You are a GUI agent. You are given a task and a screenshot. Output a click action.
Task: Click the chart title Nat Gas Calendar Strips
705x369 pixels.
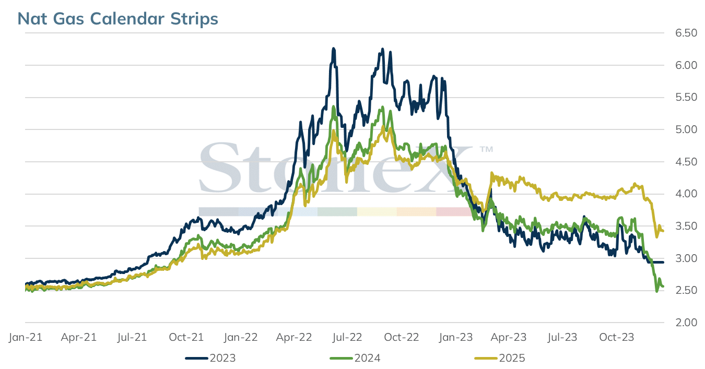click(x=118, y=19)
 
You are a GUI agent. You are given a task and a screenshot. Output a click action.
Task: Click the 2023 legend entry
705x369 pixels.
click(x=210, y=358)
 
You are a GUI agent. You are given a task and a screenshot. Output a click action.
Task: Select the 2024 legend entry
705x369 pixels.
click(x=355, y=358)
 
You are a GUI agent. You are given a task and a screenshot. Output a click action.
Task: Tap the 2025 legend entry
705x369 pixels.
click(x=500, y=358)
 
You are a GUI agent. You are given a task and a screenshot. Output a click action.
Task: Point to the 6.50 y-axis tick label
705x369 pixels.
click(x=686, y=33)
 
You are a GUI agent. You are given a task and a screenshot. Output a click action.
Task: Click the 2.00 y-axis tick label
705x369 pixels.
click(x=686, y=323)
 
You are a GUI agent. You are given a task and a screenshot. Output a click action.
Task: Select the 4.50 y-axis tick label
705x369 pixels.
click(x=686, y=162)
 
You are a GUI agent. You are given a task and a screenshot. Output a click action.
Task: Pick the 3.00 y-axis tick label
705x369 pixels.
click(x=686, y=258)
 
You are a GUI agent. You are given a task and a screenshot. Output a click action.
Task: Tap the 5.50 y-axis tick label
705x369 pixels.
click(x=686, y=97)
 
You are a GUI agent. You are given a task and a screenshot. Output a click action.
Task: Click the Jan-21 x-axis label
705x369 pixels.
click(x=26, y=337)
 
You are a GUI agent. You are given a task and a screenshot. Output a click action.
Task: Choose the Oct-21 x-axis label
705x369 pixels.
click(x=186, y=337)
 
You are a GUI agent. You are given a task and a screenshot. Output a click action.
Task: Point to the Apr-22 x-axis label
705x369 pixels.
click(x=294, y=337)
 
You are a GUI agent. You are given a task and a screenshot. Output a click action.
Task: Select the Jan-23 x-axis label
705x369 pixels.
click(x=456, y=337)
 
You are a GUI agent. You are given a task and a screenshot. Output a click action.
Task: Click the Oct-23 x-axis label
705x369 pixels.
click(x=617, y=337)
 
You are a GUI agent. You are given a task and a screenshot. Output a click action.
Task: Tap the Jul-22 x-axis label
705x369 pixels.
click(x=347, y=337)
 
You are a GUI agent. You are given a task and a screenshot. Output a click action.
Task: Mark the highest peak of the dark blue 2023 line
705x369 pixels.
click(x=334, y=49)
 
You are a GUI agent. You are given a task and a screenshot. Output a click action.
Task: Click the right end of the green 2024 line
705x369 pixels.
click(x=663, y=286)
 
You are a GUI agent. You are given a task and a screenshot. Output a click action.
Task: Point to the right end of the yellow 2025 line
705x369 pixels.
click(x=663, y=231)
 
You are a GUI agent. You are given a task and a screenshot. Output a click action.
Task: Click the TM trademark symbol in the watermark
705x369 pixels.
click(x=486, y=149)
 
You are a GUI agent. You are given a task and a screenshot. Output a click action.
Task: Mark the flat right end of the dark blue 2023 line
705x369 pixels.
click(x=663, y=263)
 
